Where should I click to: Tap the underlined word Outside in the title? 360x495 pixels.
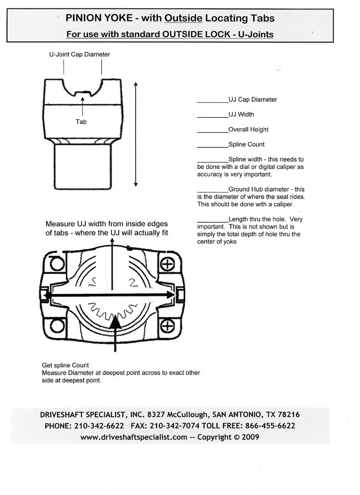pos(183,19)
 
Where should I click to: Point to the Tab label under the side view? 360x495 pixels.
pos(81,121)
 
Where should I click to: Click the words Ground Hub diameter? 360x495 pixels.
pos(261,189)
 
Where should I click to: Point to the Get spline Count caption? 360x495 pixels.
pos(65,365)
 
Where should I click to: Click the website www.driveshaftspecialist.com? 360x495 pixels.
pos(134,437)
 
